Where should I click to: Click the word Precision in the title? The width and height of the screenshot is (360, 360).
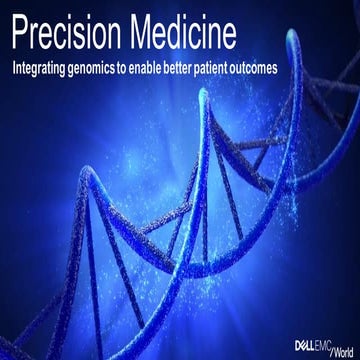pos(67,34)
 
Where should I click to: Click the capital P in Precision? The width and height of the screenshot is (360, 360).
pos(17,34)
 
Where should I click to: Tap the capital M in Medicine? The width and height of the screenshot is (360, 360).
pos(146,34)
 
